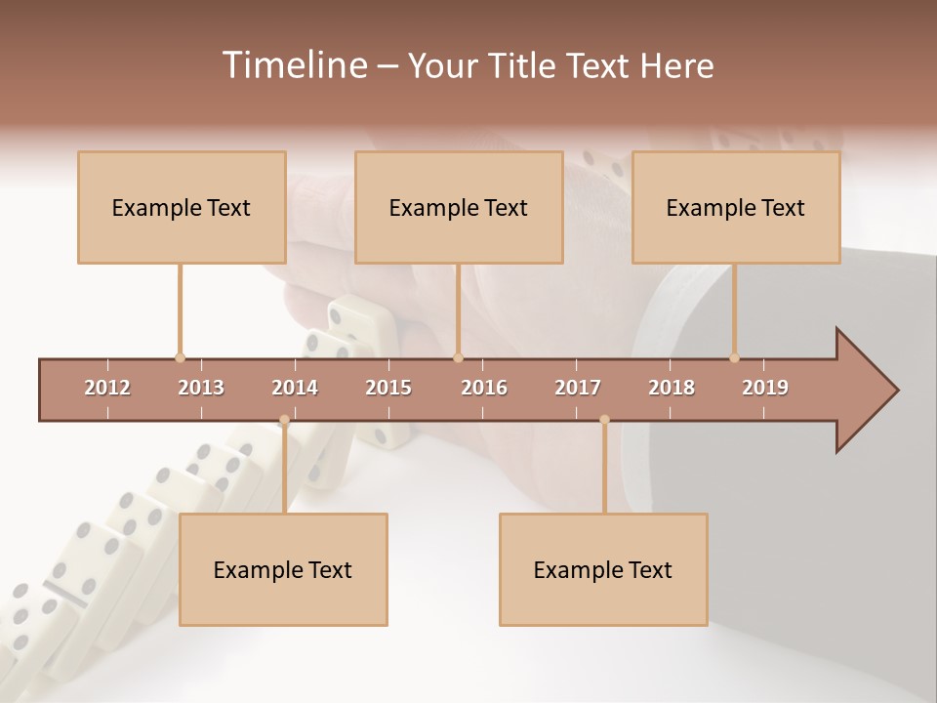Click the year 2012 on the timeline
point(107,388)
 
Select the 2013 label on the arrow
point(201,388)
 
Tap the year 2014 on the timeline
point(295,388)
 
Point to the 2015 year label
point(388,388)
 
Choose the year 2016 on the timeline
point(484,388)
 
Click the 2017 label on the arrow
point(578,388)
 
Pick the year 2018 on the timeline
point(672,388)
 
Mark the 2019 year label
point(765,388)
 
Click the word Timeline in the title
point(293,65)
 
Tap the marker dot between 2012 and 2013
point(180,358)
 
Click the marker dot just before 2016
point(459,358)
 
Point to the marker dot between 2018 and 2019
point(735,358)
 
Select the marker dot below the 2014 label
point(284,421)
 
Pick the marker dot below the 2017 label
point(604,421)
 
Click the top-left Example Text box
point(182,207)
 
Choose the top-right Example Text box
point(736,207)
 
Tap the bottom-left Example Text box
point(283,569)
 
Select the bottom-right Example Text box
point(603,569)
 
